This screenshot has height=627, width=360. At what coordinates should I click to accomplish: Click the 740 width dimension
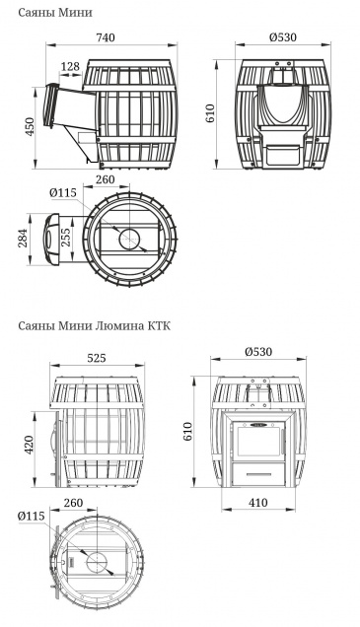[106, 37]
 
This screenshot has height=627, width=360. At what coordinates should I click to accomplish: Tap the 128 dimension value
[71, 66]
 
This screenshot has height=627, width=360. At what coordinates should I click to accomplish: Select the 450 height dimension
[30, 125]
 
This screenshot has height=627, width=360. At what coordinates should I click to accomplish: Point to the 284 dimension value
[24, 238]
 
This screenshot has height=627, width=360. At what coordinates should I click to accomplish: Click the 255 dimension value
[66, 237]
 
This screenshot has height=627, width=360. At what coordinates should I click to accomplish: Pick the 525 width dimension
[97, 358]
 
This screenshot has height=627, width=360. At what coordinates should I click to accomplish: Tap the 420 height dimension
[30, 445]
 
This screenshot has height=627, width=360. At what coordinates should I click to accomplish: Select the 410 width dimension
[258, 502]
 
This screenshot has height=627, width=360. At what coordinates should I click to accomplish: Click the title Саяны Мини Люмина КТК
[95, 326]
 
